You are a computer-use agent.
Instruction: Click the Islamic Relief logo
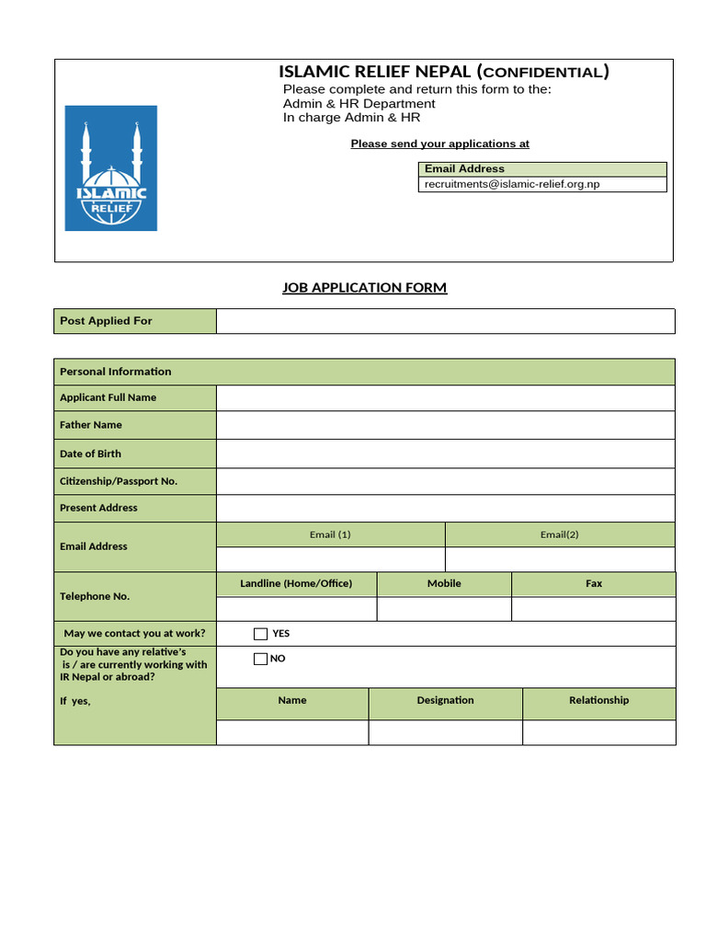[x=110, y=167]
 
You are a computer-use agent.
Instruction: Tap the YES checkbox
[x=260, y=634]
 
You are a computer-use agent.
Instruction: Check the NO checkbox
[x=260, y=659]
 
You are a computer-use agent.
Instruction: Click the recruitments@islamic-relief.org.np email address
[x=511, y=184]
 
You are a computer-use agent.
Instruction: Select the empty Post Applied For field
[x=445, y=321]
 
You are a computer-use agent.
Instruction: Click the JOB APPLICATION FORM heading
[x=364, y=288]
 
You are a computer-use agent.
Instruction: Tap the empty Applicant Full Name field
[x=445, y=397]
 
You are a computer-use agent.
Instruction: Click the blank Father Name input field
[x=445, y=425]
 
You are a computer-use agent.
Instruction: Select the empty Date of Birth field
[x=445, y=454]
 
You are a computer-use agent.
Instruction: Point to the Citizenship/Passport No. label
[x=119, y=481]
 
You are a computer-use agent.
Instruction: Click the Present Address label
[x=98, y=508]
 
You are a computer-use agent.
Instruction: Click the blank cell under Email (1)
[x=330, y=559]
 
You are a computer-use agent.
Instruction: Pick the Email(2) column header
[x=559, y=534]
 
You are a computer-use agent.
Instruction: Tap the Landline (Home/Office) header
[x=296, y=583]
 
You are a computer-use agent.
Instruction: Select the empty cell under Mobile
[x=444, y=609]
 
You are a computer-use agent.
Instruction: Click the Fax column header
[x=594, y=583]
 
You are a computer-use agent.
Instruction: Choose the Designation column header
[x=445, y=700]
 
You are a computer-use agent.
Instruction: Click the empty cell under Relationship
[x=598, y=732]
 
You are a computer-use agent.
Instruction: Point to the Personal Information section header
[x=116, y=372]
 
